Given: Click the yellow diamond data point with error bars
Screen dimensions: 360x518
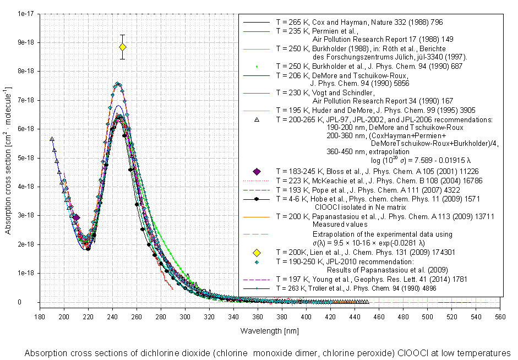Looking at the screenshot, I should pyautogui.click(x=123, y=47).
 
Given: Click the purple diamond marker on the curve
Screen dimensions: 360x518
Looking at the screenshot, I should pyautogui.click(x=76, y=218).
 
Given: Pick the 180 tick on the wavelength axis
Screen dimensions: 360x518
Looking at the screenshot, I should pyautogui.click(x=40, y=317).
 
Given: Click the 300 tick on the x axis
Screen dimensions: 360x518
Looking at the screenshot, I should pyautogui.click(x=185, y=317).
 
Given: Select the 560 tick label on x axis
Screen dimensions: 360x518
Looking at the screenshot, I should pyautogui.click(x=500, y=317).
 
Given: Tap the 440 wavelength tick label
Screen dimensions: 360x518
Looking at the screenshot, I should pyautogui.click(x=355, y=317).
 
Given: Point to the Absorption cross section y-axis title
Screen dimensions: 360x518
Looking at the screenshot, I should pyautogui.click(x=9, y=157).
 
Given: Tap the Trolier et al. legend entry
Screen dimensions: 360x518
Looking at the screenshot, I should pyautogui.click(x=364, y=288).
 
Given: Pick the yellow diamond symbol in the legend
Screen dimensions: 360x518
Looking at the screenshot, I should pyautogui.click(x=256, y=253).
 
